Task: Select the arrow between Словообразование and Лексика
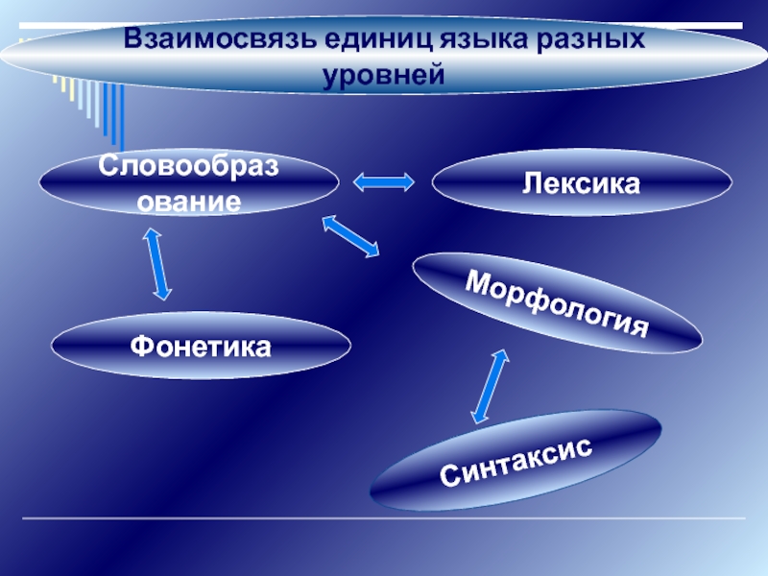pyautogui.click(x=384, y=180)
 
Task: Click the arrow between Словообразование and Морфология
pyautogui.click(x=350, y=236)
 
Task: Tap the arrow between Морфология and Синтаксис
pyautogui.click(x=489, y=386)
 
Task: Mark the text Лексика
pyautogui.click(x=581, y=181)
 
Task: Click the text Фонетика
pyautogui.click(x=201, y=346)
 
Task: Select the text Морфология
pyautogui.click(x=557, y=303)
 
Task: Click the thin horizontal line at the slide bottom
pyautogui.click(x=384, y=519)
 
